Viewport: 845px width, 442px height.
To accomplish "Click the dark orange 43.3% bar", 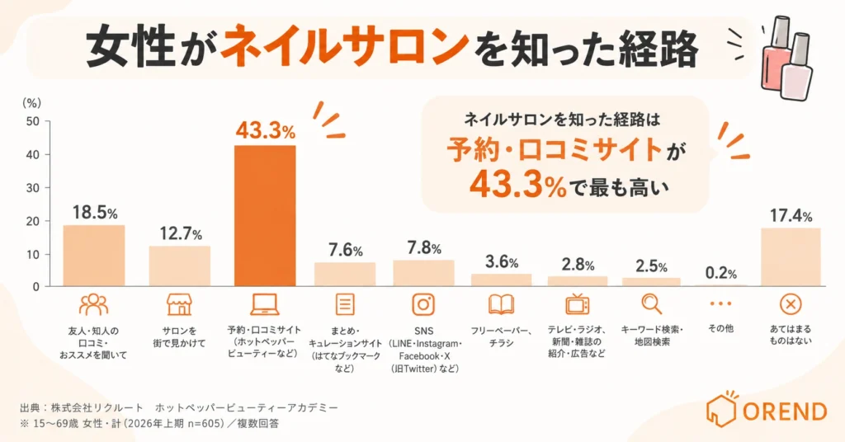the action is [265, 215].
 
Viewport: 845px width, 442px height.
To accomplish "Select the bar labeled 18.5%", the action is [94, 256].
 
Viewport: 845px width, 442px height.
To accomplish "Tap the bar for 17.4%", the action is [791, 256].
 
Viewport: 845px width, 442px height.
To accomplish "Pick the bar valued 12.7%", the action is [179, 266].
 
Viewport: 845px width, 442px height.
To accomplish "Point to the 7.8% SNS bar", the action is [423, 273].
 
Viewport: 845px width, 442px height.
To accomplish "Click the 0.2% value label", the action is [720, 273].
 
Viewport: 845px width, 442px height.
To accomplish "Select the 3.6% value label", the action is [502, 261].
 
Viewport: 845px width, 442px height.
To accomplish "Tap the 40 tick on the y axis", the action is [33, 154].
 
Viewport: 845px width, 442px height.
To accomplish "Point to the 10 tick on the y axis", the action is [33, 254].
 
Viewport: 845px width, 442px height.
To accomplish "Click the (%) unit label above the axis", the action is [32, 103].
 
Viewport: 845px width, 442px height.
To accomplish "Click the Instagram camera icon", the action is [423, 304].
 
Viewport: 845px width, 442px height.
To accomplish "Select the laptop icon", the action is [265, 305].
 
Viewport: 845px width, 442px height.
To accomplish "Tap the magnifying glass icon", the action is [652, 304].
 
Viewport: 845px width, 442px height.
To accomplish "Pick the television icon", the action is [577, 303].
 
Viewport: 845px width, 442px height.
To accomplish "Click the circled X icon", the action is [791, 304].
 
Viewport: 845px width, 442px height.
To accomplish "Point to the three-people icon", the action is [94, 304].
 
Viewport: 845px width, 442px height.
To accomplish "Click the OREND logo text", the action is [785, 411].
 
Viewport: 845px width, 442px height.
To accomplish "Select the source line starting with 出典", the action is [179, 407].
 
